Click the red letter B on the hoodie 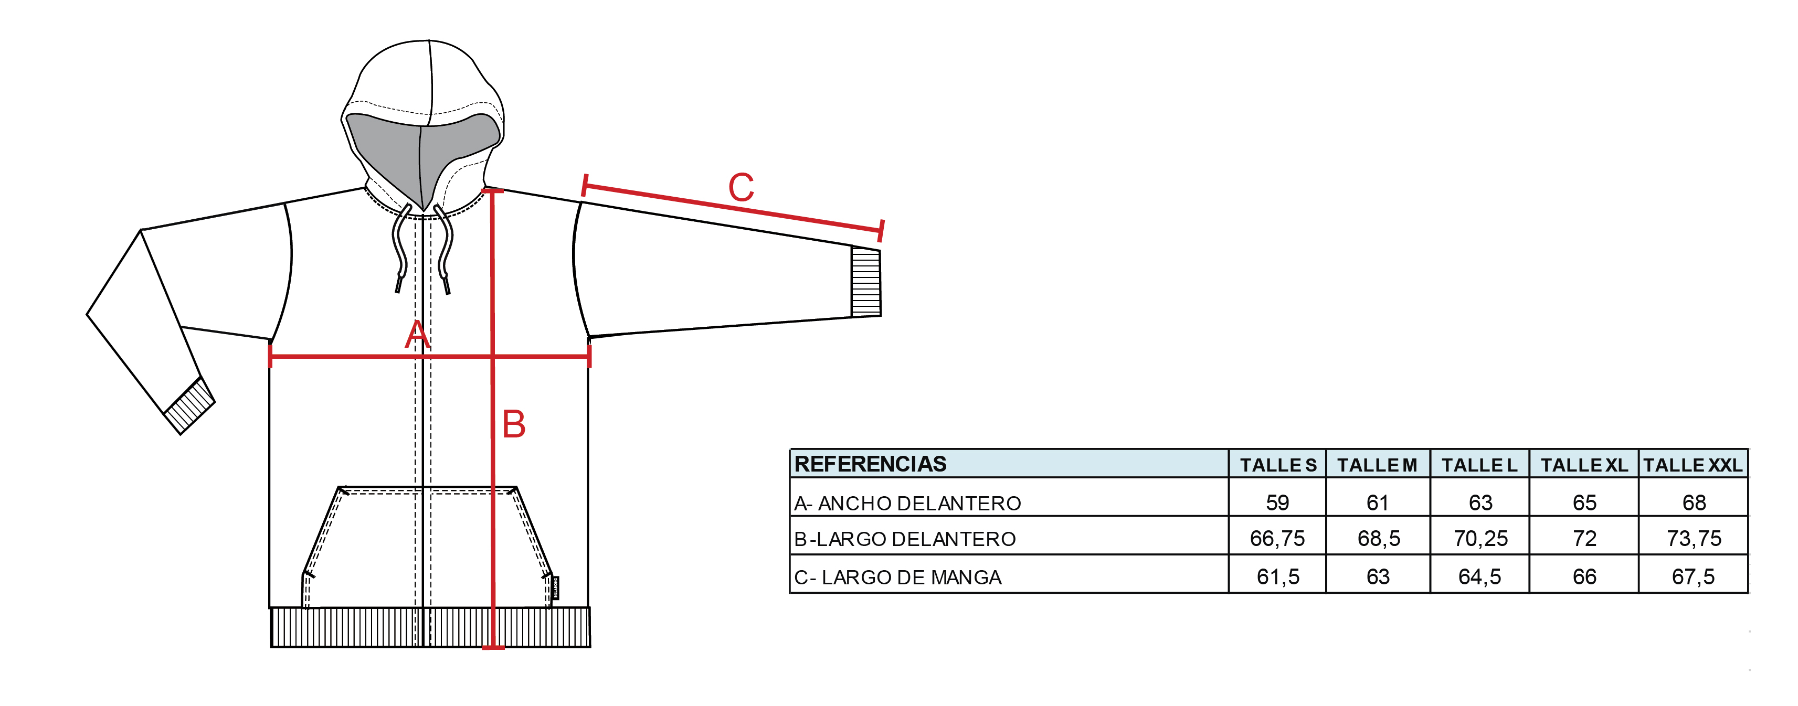click(x=514, y=424)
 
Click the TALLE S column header click(x=1278, y=465)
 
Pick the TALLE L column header click(x=1480, y=465)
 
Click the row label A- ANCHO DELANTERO click(x=907, y=503)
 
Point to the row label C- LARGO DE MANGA click(x=897, y=577)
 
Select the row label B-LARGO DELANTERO click(x=905, y=539)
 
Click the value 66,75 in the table click(x=1277, y=539)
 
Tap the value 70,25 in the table click(x=1480, y=539)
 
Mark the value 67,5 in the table click(x=1694, y=577)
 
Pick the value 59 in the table click(x=1277, y=502)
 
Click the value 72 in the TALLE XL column click(x=1584, y=539)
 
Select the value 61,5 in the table click(x=1278, y=577)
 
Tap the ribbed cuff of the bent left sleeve click(x=189, y=406)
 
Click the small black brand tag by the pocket click(x=556, y=588)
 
